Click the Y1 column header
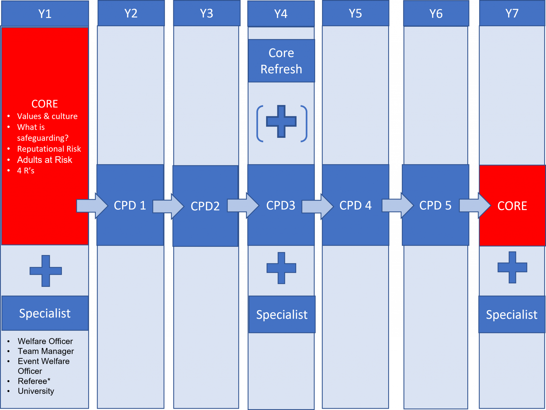45,14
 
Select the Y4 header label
281,14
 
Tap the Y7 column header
512,13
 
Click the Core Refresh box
282,61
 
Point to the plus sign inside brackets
281,122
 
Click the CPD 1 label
130,205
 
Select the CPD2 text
205,206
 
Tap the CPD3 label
281,205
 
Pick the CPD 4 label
355,205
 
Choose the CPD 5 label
435,205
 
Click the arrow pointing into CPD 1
92,206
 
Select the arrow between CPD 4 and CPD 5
398,206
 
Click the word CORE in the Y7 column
512,206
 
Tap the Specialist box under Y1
45,313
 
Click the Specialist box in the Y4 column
282,314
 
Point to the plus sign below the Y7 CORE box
512,267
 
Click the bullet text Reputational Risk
49,149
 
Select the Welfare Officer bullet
45,341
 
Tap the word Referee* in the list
34,381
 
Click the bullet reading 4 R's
26,171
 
